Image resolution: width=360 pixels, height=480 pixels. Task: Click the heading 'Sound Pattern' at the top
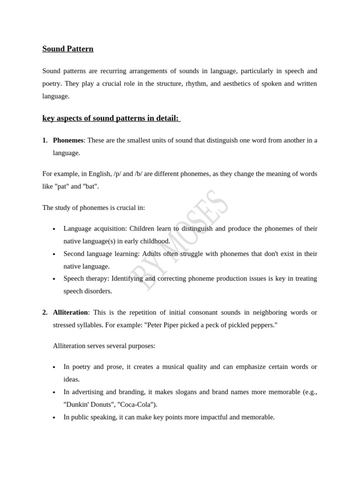click(68, 49)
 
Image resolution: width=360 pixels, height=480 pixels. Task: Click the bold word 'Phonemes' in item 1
click(68, 140)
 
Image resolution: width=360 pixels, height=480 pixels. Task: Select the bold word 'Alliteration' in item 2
click(70, 312)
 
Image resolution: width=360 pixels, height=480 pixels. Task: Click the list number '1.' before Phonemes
click(45, 140)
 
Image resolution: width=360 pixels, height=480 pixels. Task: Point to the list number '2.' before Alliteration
click(45, 312)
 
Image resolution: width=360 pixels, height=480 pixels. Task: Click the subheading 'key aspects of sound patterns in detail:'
click(111, 118)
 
